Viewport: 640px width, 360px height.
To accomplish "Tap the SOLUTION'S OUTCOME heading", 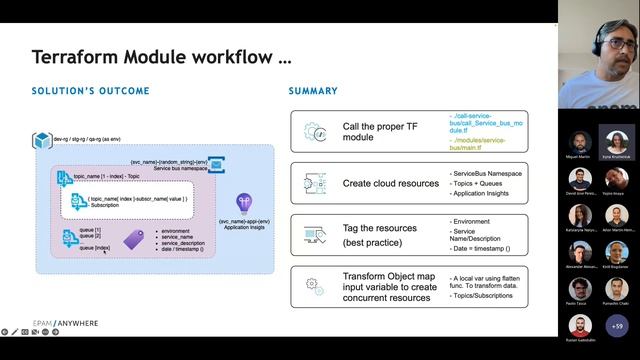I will (91, 91).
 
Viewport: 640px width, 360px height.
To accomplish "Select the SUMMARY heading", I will (313, 91).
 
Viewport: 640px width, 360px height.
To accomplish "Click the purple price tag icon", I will (133, 240).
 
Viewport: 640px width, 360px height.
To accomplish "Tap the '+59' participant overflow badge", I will (617, 327).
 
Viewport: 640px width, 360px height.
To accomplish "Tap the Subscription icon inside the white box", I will (78, 202).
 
